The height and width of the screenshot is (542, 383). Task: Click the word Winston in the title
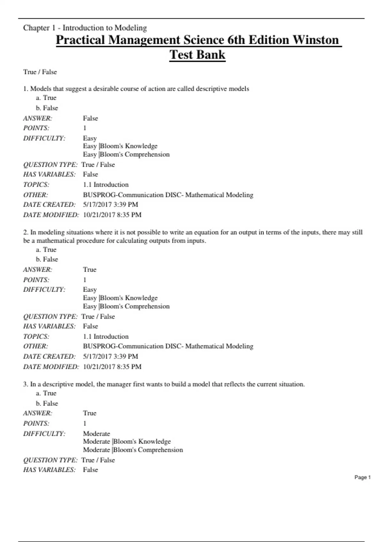pos(316,40)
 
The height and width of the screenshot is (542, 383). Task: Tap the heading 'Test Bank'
pos(197,55)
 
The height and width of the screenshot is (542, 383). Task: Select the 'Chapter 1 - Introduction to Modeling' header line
pos(85,28)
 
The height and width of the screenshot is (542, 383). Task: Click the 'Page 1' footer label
pos(362,477)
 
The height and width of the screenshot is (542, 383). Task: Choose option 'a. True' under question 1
pos(46,98)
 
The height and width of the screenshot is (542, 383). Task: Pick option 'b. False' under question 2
pos(47,259)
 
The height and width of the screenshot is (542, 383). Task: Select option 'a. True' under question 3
pos(46,393)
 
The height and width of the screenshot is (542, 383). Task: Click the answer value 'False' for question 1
pos(90,118)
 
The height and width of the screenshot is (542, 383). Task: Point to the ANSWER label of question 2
pos(38,270)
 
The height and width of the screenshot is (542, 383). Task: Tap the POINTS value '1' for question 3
pos(85,423)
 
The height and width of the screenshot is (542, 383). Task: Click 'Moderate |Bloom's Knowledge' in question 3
pos(127,442)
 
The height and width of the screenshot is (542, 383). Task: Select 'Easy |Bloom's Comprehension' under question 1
pos(126,154)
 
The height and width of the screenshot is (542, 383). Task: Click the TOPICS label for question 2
pos(36,336)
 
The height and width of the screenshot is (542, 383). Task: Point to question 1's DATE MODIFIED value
pos(112,215)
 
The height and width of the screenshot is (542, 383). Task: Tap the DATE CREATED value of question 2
pos(110,356)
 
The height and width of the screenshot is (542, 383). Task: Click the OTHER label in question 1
pos(35,195)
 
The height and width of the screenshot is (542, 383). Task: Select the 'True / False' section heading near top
pos(40,72)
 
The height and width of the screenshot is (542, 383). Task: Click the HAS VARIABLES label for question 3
pos(49,470)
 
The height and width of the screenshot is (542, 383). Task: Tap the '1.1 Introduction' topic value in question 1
pos(106,185)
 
